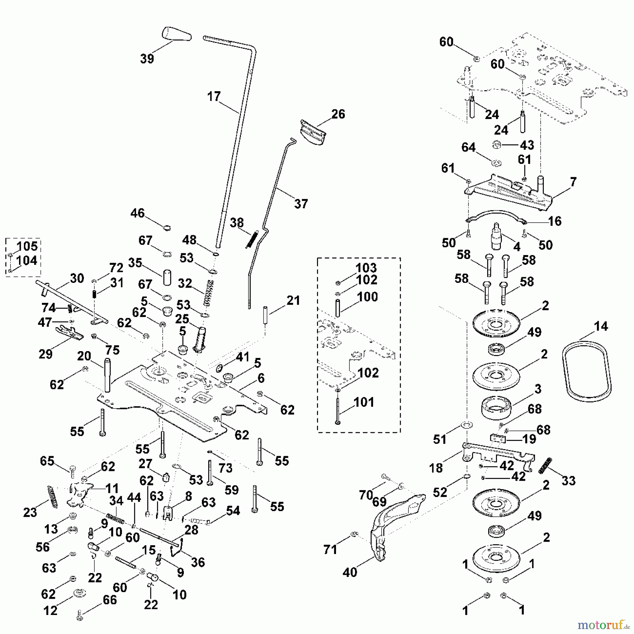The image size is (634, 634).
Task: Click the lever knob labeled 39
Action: [176, 35]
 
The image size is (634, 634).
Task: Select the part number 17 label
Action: [214, 97]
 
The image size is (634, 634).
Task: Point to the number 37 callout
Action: [301, 204]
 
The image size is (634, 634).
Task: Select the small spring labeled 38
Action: [252, 239]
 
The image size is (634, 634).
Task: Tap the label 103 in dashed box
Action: [366, 268]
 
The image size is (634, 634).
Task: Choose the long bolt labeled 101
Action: [338, 409]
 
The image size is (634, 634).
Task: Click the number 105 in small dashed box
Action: [27, 246]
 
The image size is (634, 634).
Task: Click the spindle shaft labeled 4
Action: [496, 236]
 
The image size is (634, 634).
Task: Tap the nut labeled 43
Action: [496, 145]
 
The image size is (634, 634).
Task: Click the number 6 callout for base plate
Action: [261, 378]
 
